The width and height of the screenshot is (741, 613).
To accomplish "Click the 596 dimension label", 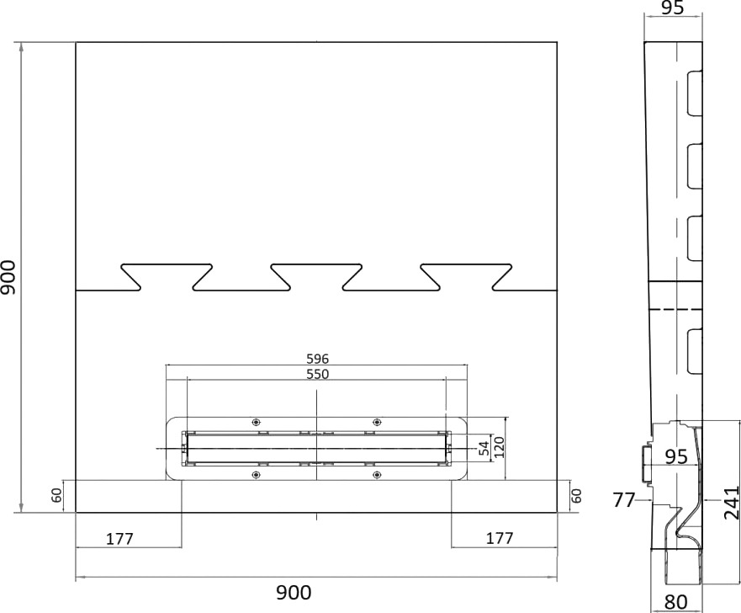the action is click(x=318, y=359).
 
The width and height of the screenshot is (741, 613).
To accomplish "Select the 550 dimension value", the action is click(x=318, y=374).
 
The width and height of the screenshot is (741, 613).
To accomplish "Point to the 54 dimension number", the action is click(x=484, y=449).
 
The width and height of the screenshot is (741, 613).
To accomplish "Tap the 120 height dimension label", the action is click(x=500, y=447).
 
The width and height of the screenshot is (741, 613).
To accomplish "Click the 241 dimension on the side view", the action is click(x=732, y=503).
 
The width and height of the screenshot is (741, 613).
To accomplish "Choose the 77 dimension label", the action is click(x=624, y=500).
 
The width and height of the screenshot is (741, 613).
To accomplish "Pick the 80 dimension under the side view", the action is click(x=675, y=602).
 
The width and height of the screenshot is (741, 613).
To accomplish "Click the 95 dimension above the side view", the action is click(x=673, y=8).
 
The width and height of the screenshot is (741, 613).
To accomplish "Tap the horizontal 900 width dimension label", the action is click(x=294, y=592).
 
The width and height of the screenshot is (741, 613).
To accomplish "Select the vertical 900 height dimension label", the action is click(x=8, y=277).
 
